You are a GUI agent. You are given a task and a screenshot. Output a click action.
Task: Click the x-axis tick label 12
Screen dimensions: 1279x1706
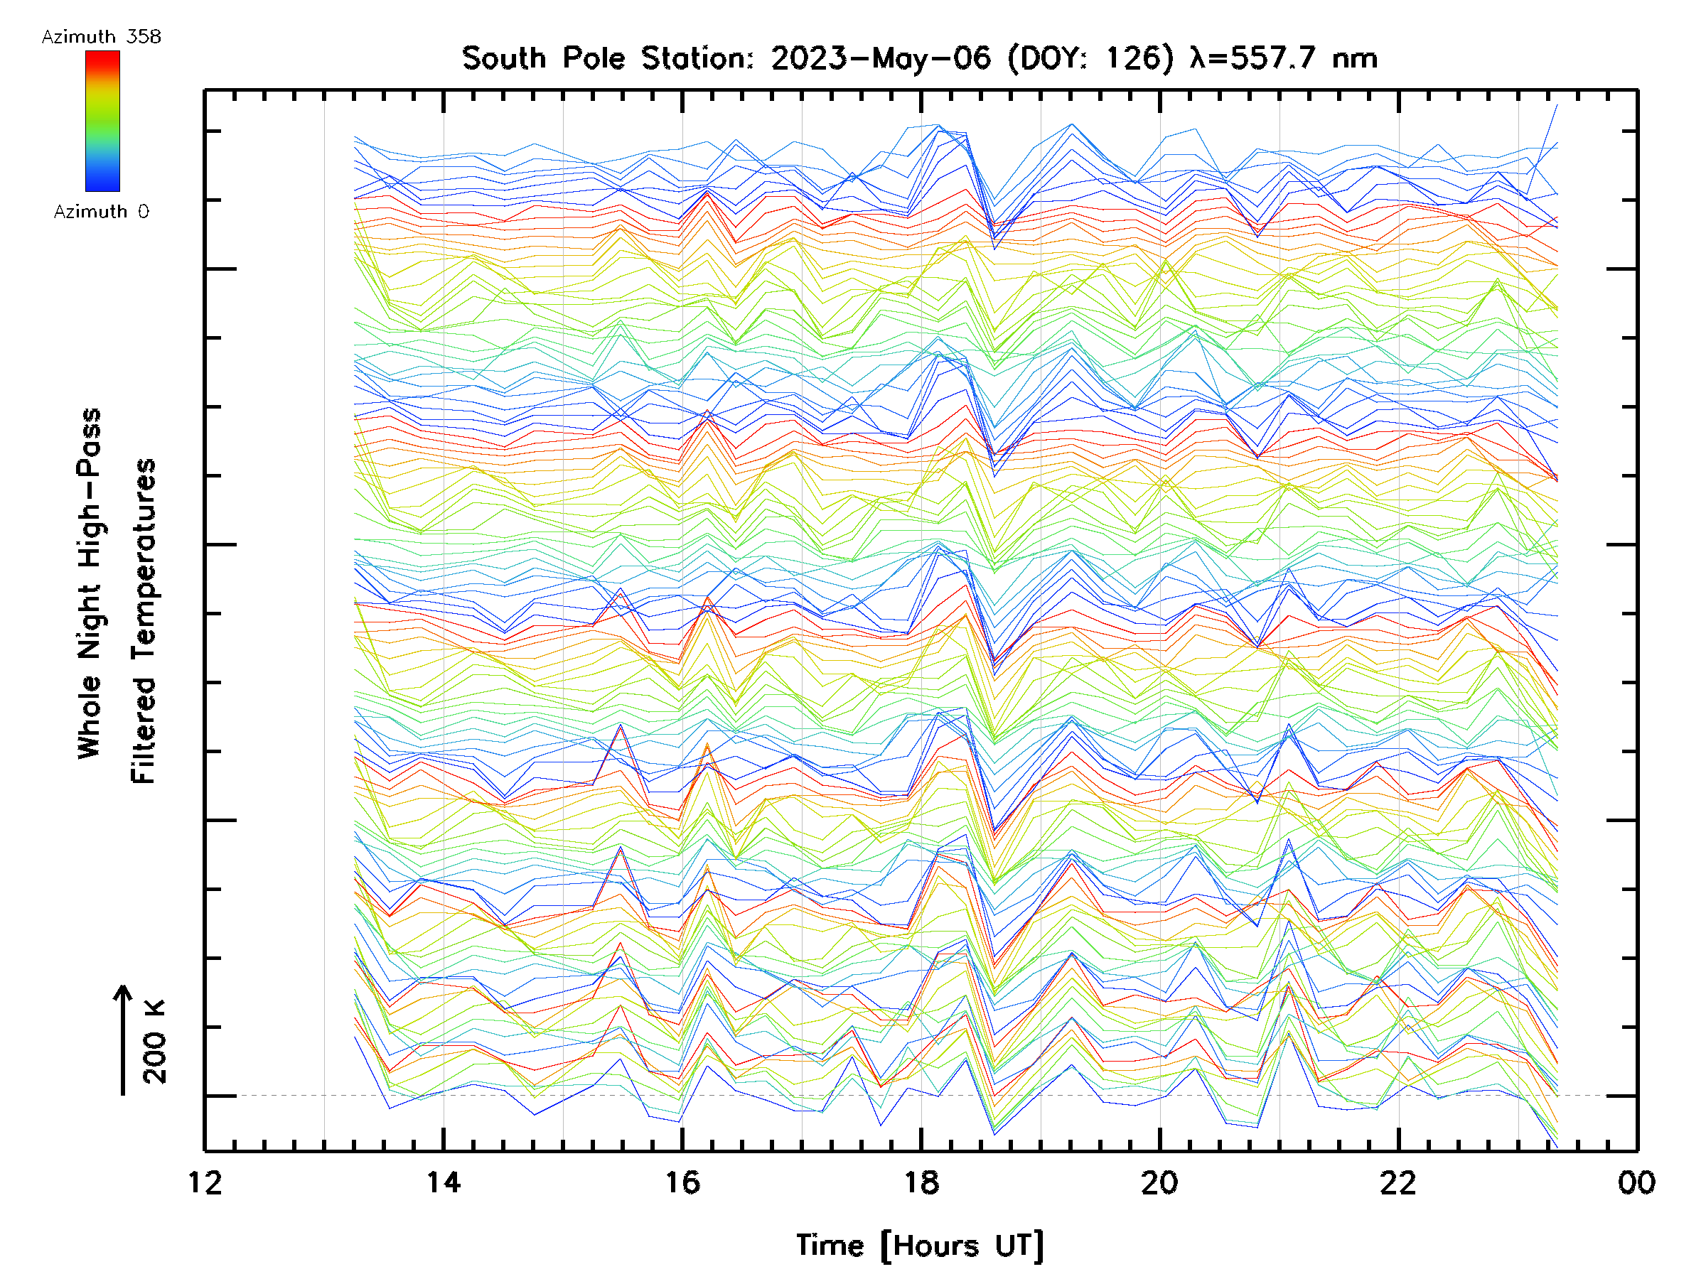pos(205,1182)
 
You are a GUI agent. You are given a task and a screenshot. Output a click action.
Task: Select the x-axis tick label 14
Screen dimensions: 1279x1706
pos(444,1182)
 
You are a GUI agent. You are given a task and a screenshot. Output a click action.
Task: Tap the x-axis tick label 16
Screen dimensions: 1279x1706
pos(682,1182)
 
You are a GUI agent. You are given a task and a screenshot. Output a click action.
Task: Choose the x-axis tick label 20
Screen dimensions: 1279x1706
pos(1159,1182)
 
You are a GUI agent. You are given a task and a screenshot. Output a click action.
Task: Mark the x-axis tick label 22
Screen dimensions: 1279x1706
pos(1398,1182)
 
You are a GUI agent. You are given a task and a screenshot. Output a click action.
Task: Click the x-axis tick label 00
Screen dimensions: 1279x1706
pos(1636,1182)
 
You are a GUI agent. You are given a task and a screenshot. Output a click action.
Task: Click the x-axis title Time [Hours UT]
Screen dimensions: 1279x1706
pos(920,1246)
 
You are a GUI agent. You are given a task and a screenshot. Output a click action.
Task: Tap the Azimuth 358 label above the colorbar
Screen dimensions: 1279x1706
pos(101,37)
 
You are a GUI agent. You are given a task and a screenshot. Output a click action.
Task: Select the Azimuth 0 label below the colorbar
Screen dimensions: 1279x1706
pos(101,212)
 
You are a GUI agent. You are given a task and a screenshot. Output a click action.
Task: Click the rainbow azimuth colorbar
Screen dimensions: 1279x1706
pos(102,121)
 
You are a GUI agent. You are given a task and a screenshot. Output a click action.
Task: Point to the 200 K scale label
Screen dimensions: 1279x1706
pos(155,1042)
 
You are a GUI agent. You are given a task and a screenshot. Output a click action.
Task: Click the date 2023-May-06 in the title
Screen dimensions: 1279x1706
pos(881,58)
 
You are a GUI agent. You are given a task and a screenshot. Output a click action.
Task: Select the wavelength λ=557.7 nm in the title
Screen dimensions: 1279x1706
pos(1283,58)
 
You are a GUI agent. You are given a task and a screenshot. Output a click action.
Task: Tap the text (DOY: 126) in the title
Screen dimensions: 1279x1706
pos(1091,58)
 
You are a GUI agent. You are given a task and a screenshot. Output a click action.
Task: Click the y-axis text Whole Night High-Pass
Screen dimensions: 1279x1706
pos(90,583)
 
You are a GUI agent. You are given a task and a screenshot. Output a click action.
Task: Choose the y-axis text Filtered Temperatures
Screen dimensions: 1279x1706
pos(144,622)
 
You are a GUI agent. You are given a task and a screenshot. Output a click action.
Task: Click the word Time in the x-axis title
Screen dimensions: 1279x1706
pos(830,1246)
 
